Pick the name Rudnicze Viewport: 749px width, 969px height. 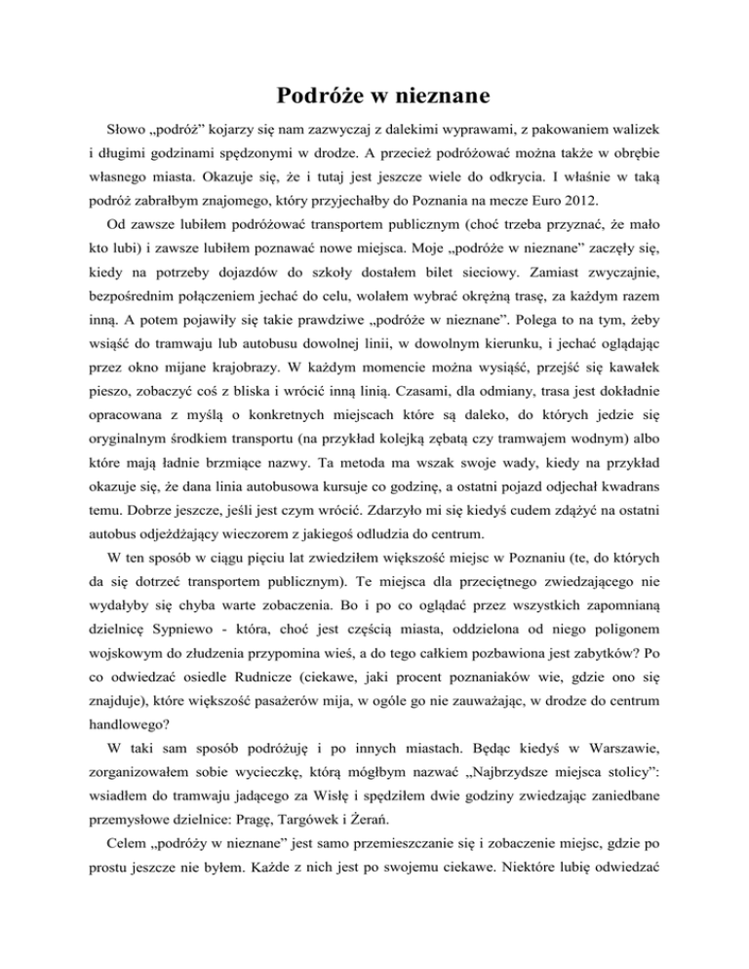pos(236,786)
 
